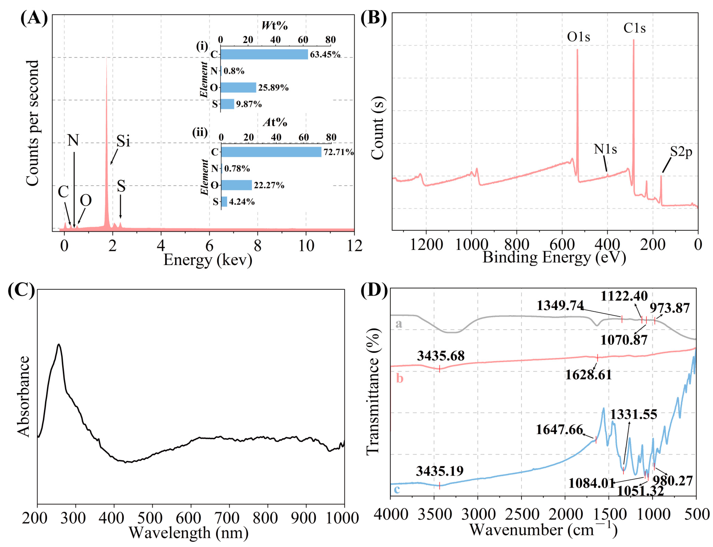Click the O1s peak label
[x=578, y=37]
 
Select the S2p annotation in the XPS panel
[x=681, y=152]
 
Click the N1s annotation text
[x=605, y=149]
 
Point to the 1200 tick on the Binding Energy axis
[x=426, y=244]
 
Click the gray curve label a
[x=399, y=324]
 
